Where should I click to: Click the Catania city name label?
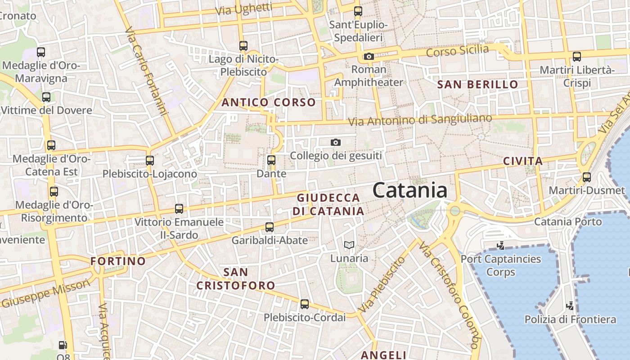pos(410,190)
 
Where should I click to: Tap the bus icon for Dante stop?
pos(271,160)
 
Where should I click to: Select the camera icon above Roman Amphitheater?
pos(369,56)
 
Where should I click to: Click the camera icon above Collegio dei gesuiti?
pos(335,142)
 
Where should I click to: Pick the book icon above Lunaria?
pos(349,245)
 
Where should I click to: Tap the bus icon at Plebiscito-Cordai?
pos(305,304)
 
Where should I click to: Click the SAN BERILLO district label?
pos(478,84)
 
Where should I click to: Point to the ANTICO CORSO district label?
pos(268,103)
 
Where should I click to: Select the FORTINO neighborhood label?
pos(118,261)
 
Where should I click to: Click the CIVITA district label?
pos(523,161)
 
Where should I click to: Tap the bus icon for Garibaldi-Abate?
pos(270,227)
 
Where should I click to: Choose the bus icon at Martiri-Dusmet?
pos(586,177)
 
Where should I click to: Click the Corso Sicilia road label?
pos(457,50)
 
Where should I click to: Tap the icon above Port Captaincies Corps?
pos(500,246)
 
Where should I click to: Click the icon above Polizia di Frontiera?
pos(570,306)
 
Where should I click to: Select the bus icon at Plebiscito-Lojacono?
pos(150,160)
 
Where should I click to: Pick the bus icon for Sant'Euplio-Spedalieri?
pos(358,11)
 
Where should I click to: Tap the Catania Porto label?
pos(568,221)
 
